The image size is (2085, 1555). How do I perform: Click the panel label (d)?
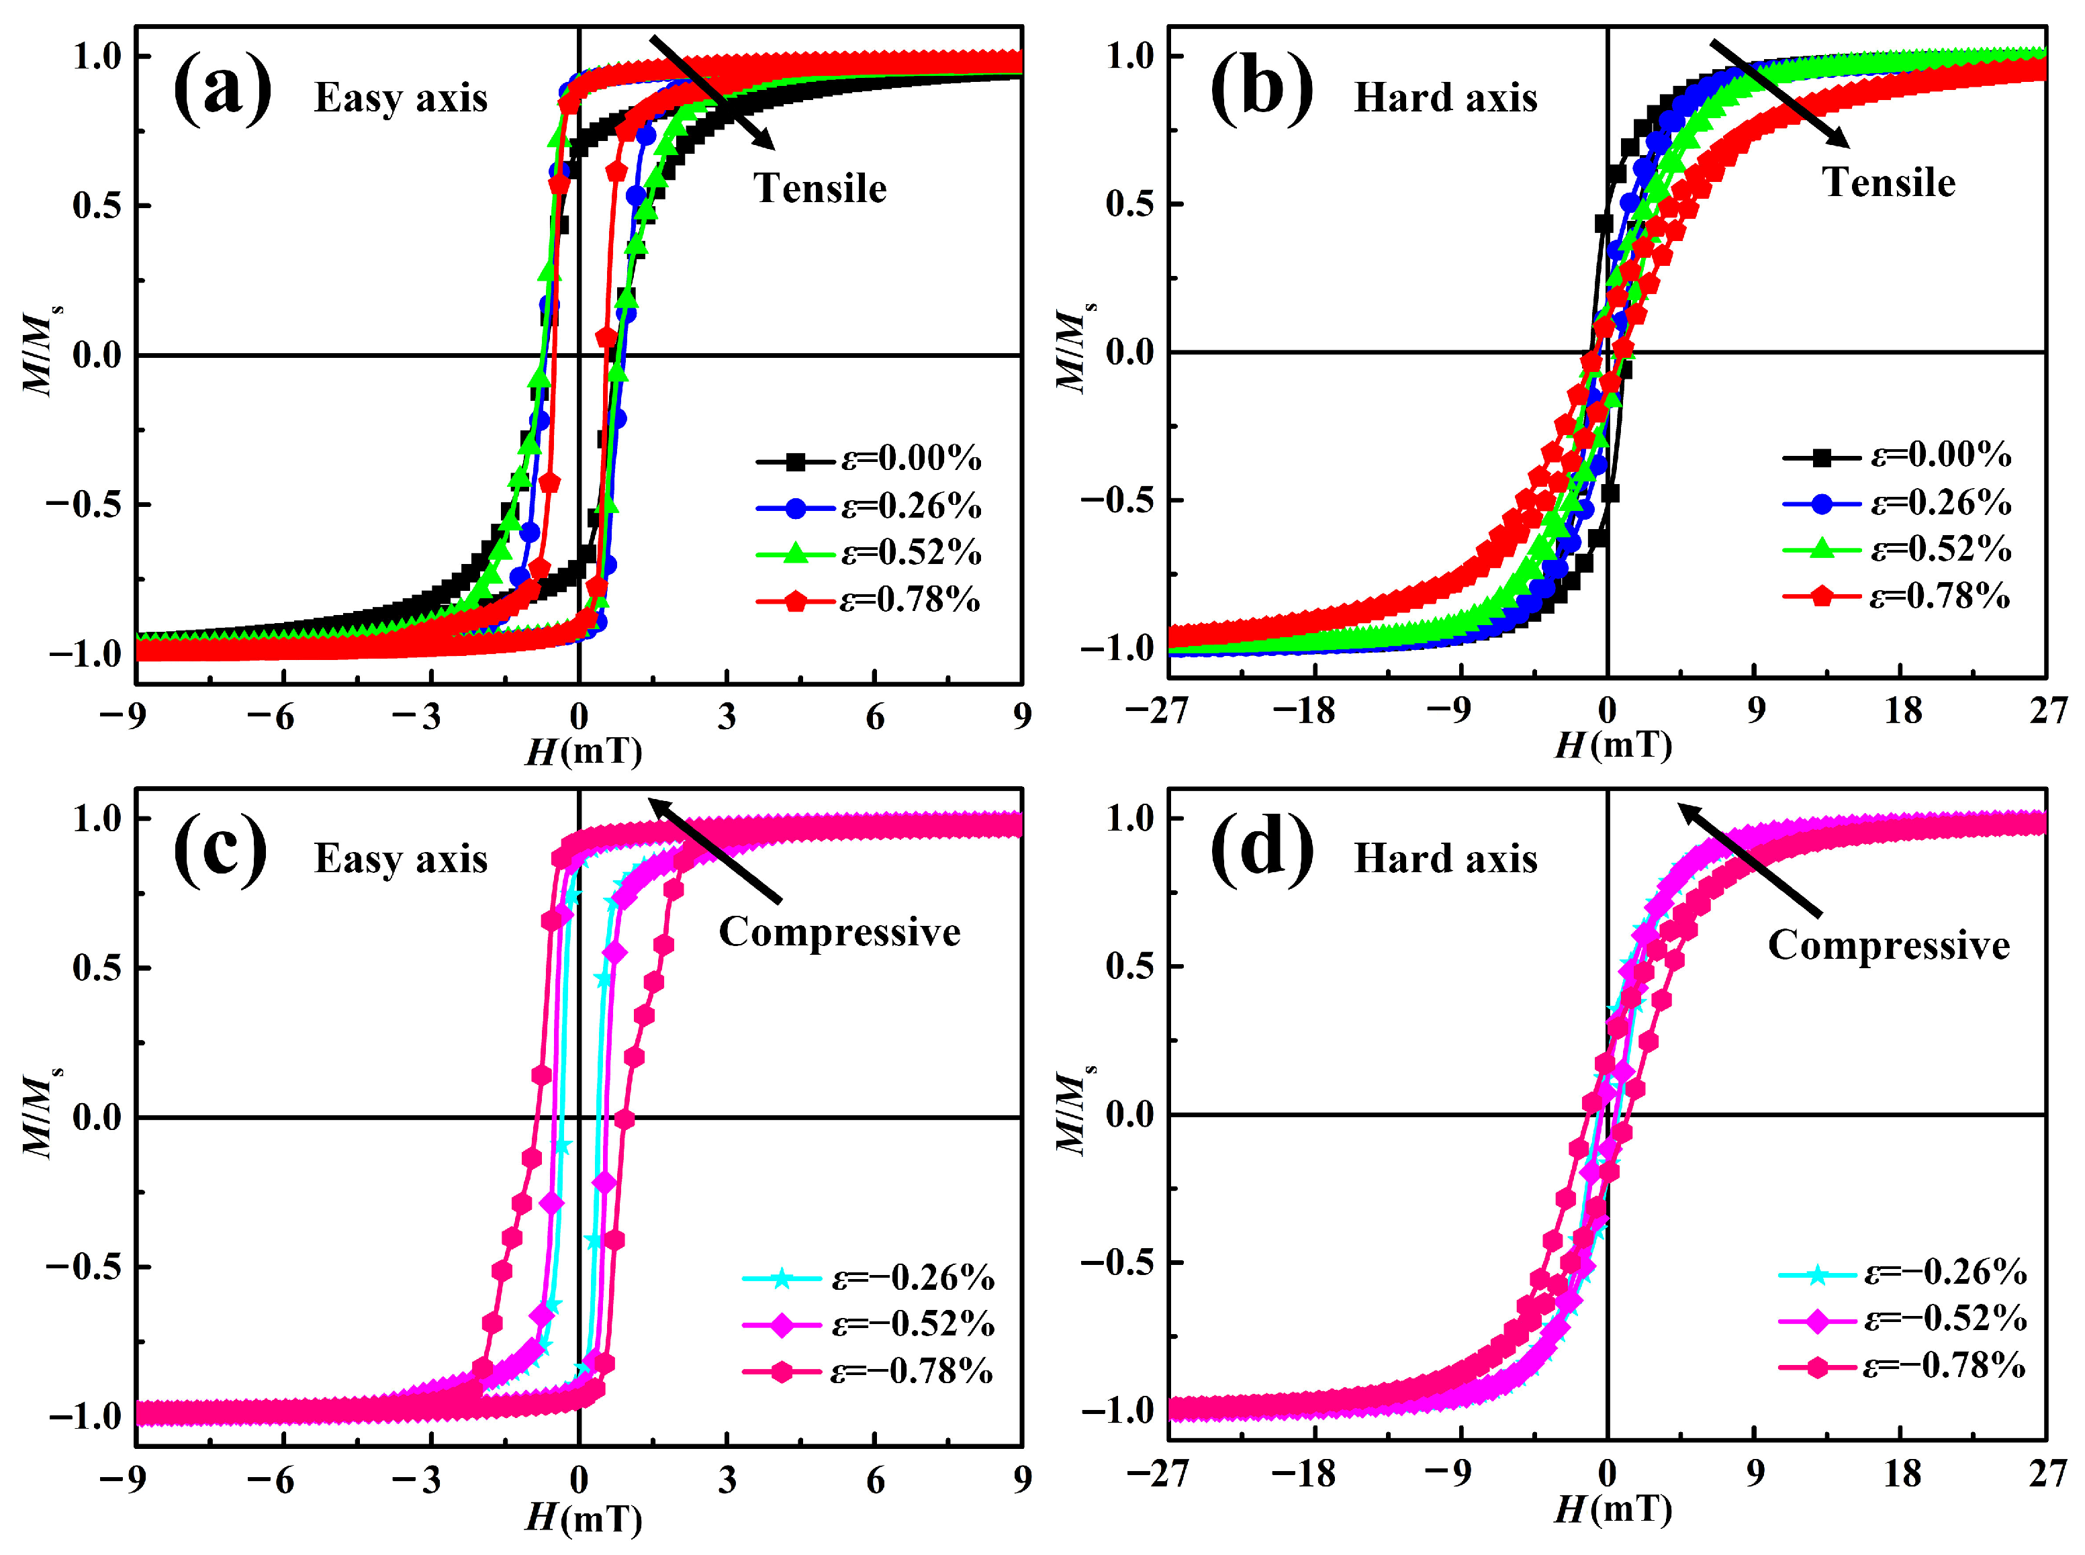click(1260, 853)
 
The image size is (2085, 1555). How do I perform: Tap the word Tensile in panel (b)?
click(1888, 183)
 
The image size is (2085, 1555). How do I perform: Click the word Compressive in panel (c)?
click(839, 932)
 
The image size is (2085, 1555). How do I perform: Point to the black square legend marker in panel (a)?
click(796, 461)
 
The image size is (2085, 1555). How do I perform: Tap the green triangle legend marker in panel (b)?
click(1821, 549)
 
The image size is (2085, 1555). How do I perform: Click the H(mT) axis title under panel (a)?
click(583, 751)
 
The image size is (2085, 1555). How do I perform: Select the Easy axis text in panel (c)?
click(400, 859)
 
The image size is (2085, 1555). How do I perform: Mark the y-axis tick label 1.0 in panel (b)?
click(1129, 56)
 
